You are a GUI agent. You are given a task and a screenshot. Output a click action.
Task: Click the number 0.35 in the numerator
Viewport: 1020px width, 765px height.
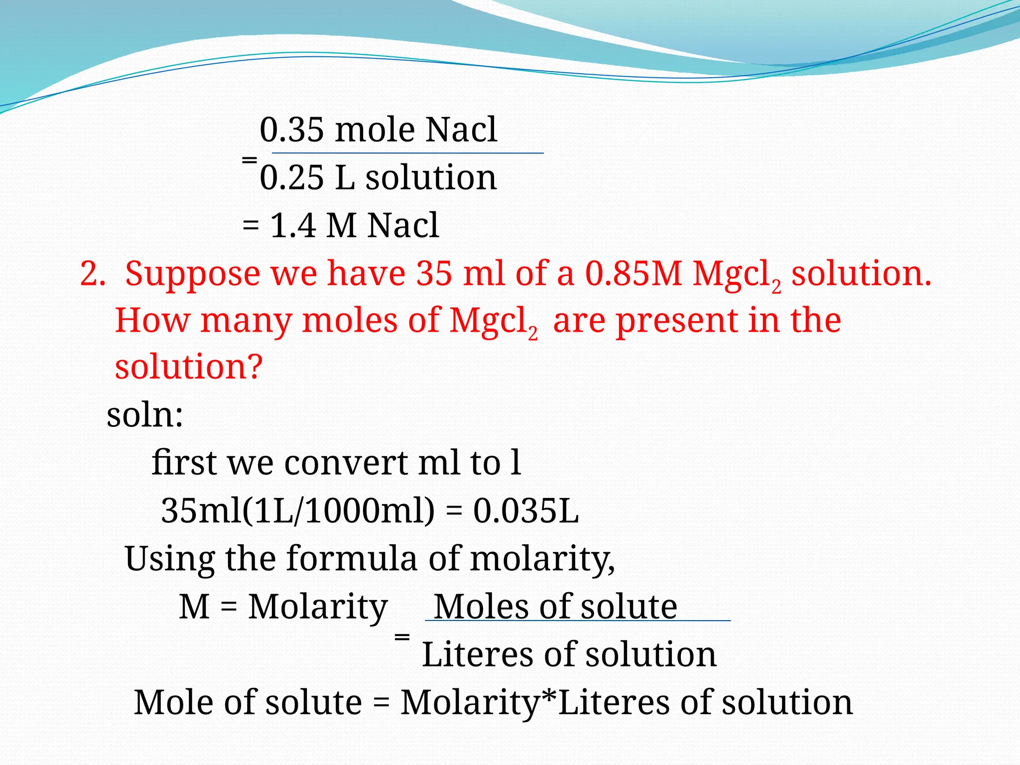click(291, 129)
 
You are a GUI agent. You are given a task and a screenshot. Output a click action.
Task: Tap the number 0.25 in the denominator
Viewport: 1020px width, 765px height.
click(291, 178)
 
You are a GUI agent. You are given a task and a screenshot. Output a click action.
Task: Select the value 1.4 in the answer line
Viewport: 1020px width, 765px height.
click(293, 225)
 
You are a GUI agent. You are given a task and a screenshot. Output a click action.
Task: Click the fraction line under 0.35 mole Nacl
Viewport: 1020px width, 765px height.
click(407, 153)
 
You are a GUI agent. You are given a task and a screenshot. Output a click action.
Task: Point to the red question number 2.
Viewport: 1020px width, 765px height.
click(92, 274)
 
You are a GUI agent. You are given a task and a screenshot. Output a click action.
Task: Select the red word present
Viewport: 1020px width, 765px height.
click(676, 321)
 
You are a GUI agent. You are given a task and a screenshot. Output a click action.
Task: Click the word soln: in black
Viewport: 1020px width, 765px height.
click(145, 415)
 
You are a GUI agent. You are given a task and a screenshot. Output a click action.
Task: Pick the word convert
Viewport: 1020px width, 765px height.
click(346, 463)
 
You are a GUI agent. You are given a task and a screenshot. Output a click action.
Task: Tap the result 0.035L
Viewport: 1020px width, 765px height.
click(526, 510)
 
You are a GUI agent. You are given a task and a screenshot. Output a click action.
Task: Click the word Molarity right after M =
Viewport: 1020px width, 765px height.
click(318, 607)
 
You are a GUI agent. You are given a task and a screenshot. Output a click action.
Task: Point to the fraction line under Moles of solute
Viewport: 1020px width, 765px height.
click(577, 621)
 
